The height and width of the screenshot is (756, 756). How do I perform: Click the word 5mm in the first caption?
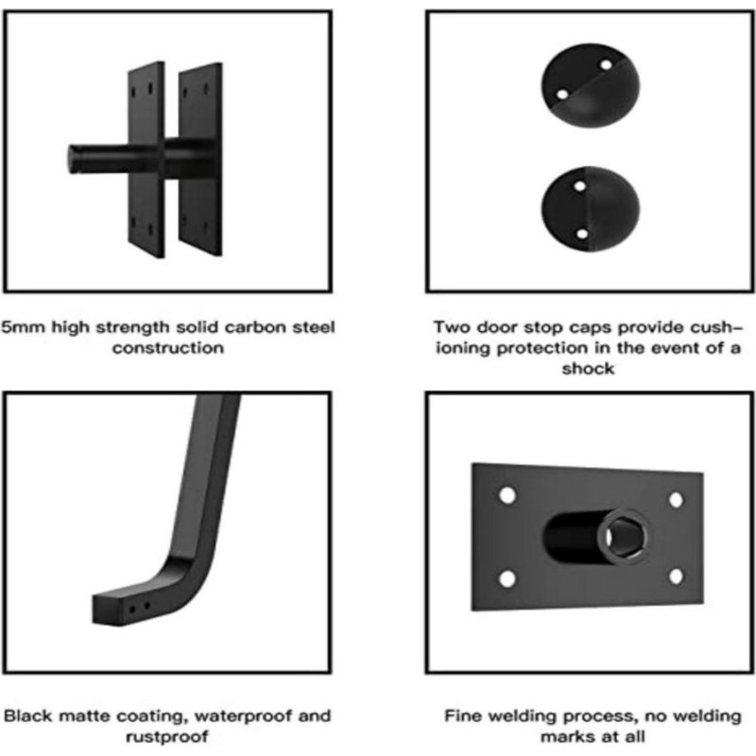23,327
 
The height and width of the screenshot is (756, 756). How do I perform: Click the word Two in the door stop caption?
452,327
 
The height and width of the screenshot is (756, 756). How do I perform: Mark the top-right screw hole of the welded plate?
676,499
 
